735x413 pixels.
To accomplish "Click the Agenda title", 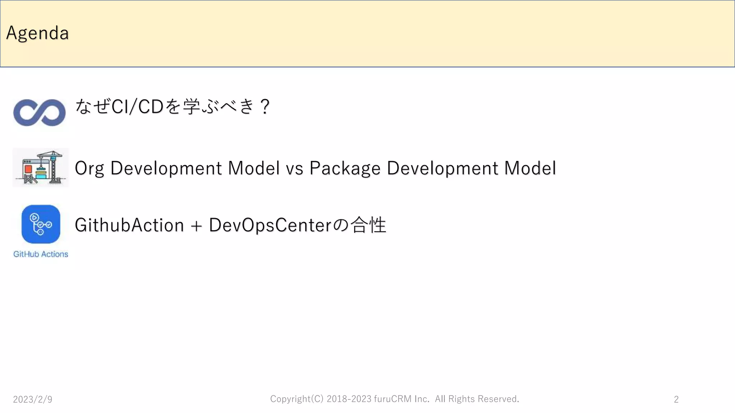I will click(37, 33).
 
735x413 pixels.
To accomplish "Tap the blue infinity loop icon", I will click(39, 113).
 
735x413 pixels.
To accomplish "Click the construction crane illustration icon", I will click(41, 167).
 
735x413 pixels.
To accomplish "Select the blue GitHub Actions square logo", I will click(41, 224).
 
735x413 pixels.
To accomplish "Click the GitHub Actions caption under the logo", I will click(41, 254).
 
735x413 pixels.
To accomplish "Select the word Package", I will click(345, 168).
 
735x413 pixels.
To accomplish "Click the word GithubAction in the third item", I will click(129, 225).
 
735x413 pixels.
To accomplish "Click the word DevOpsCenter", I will click(270, 225).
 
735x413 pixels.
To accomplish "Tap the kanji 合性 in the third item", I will click(368, 225).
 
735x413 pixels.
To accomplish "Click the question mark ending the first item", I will click(265, 106).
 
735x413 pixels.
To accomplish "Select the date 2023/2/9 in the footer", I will click(33, 399).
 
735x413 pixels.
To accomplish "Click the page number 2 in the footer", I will click(676, 399).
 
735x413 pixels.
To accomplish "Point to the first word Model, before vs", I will click(254, 168).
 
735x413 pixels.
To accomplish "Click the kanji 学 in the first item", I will click(191, 106).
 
